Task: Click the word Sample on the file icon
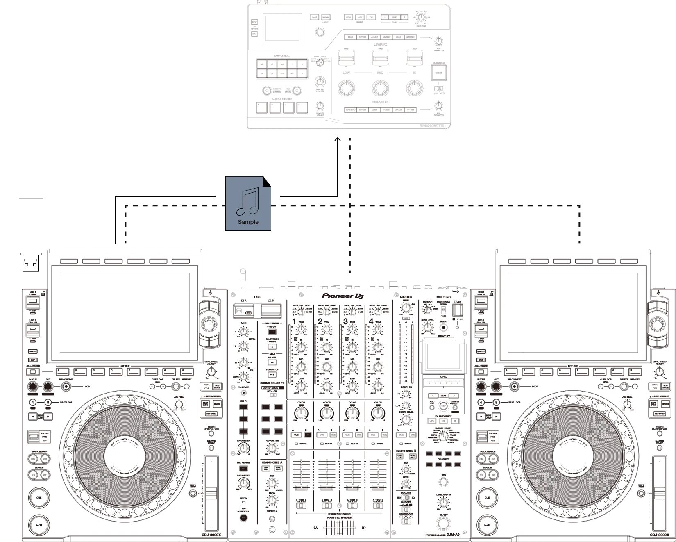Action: [x=248, y=222]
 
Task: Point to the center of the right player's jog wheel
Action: [x=573, y=455]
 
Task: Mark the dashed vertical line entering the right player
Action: [x=580, y=225]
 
